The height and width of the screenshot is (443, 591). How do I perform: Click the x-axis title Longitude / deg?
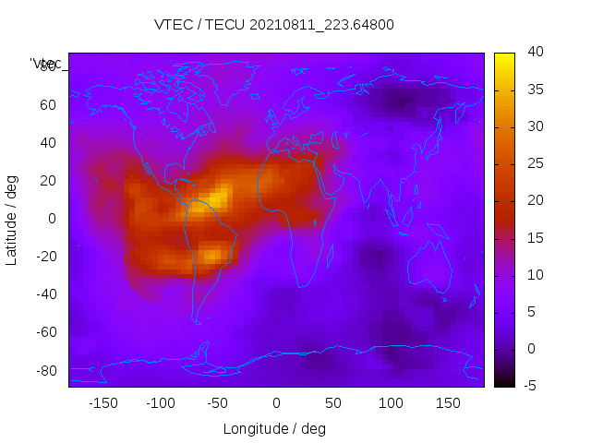274,428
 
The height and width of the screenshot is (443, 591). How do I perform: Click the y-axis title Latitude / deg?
12,219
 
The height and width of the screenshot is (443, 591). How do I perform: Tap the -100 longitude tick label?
160,403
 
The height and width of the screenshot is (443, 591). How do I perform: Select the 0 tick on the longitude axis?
275,403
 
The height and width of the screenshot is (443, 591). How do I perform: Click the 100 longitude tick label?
390,403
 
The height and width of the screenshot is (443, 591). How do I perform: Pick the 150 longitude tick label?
447,403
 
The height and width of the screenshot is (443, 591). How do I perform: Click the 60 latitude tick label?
48,105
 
